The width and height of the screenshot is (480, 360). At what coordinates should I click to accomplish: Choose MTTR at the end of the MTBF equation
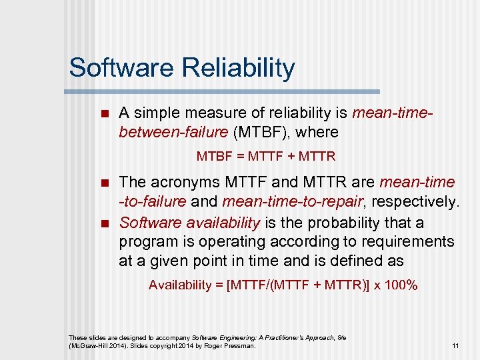pos(318,157)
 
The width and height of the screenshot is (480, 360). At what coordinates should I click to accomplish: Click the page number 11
pos(455,345)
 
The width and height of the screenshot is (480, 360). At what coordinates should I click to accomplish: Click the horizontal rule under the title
pos(223,91)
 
